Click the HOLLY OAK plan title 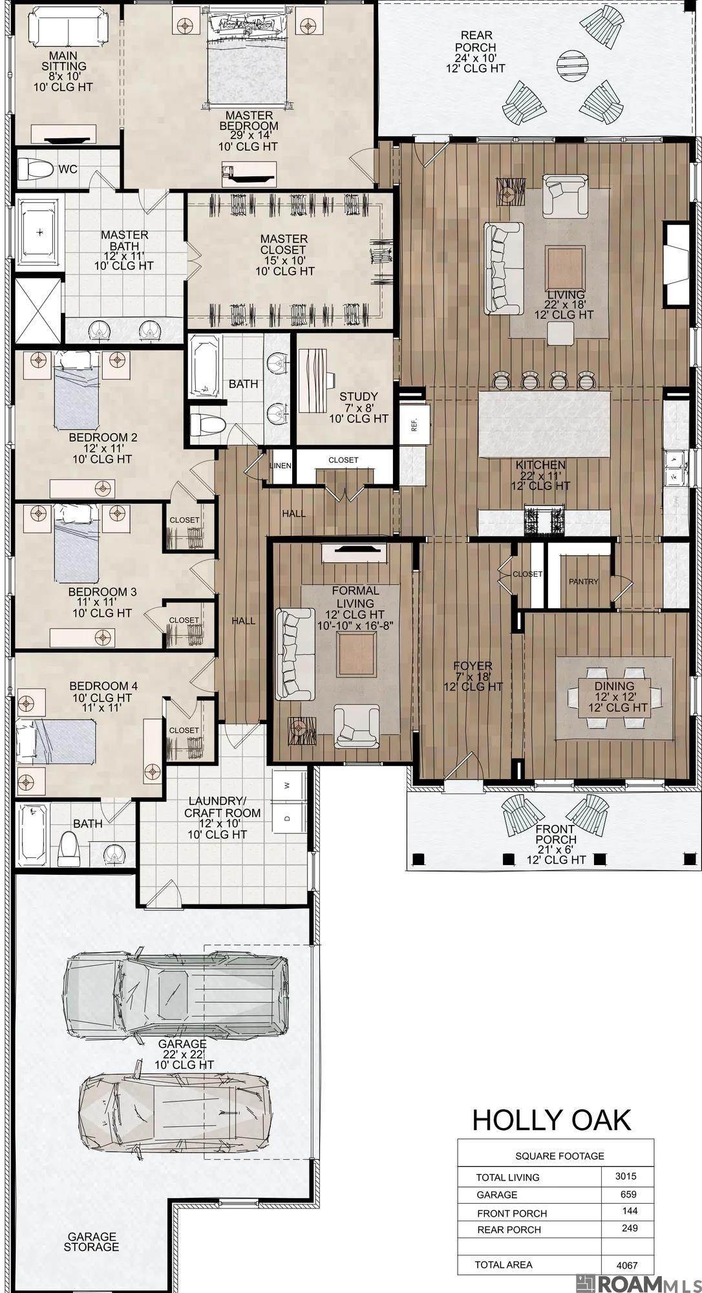tap(551, 1120)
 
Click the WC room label tap(68, 169)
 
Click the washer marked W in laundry tap(286, 785)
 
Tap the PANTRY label tap(584, 581)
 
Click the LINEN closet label tap(281, 466)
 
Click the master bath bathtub tap(39, 233)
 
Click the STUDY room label tap(359, 396)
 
